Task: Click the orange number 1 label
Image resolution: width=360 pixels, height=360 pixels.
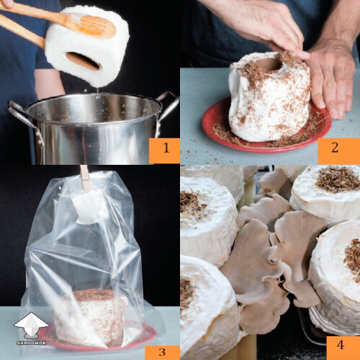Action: pos(163,150)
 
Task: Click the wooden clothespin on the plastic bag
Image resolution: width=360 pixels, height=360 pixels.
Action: pos(85,177)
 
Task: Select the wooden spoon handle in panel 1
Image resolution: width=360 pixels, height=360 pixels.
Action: pos(29,14)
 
